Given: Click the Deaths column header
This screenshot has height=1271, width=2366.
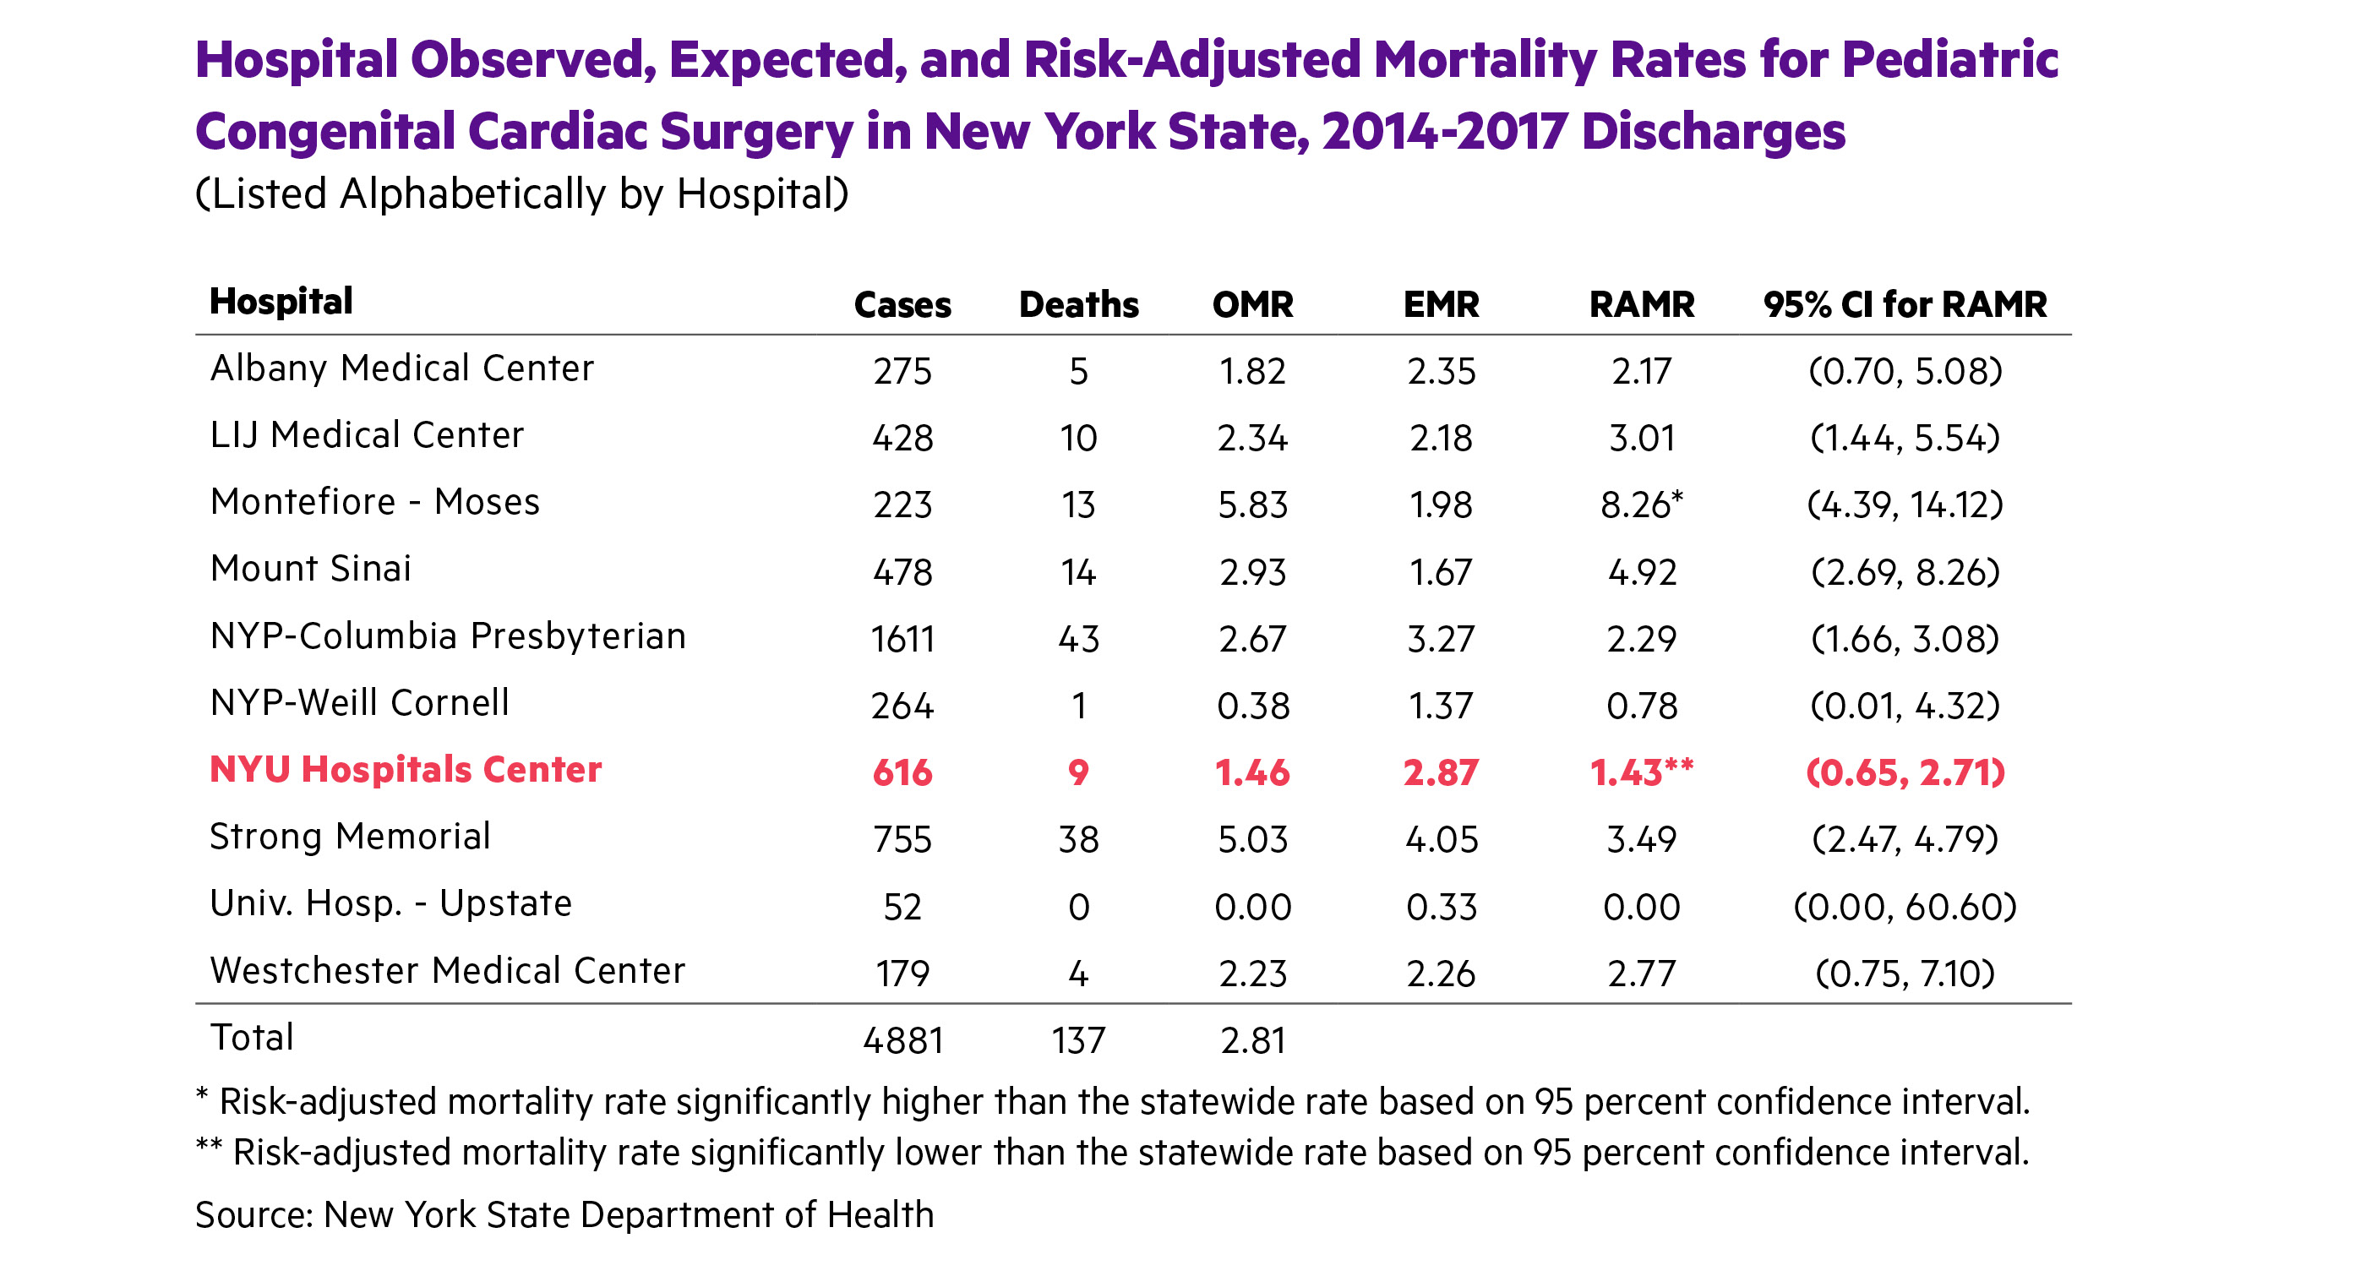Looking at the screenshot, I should point(1078,305).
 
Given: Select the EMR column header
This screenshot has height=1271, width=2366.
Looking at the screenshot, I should point(1440,305).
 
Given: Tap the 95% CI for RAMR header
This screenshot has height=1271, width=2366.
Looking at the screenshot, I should point(1904,305).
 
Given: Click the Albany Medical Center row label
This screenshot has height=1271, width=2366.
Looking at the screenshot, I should point(401,368).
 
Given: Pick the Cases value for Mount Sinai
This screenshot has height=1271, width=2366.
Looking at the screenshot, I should point(902,572).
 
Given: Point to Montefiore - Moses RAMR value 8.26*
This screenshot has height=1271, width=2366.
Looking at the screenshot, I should point(1640,505).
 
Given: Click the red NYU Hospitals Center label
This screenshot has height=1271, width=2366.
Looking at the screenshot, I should point(405,770).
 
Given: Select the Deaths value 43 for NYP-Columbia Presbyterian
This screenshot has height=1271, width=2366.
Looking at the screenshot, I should point(1078,639).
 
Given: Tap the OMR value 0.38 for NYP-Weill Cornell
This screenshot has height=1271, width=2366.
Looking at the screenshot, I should point(1253,706).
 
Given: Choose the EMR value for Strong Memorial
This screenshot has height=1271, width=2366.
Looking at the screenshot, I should point(1440,839).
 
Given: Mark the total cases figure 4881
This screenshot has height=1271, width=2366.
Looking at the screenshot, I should point(902,1040).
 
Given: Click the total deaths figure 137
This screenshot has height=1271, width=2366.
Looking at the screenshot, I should point(1078,1040).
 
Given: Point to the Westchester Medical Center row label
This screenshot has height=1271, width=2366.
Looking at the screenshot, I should point(447,971).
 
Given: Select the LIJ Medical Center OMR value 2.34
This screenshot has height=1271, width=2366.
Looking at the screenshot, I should point(1253,438).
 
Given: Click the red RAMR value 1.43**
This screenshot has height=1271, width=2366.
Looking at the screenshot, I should point(1640,772).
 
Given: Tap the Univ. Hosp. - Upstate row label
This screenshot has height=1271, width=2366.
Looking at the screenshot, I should point(390,903).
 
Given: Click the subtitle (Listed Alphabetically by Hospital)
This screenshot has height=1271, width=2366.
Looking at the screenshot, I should point(521,194).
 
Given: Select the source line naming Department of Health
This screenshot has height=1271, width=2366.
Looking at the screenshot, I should point(564,1214).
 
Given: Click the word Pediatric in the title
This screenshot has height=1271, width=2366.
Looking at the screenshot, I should point(1949,61).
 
